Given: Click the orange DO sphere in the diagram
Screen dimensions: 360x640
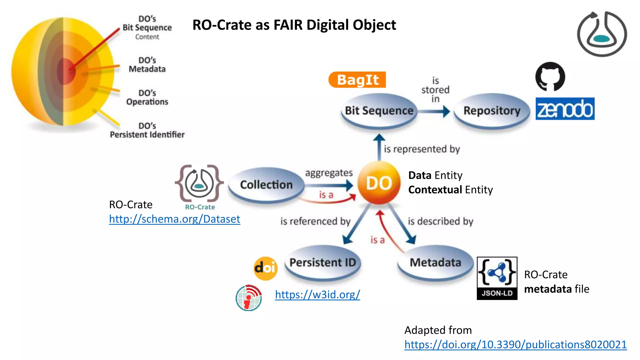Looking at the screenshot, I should coord(379,183).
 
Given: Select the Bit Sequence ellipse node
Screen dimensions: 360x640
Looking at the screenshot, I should coord(379,111).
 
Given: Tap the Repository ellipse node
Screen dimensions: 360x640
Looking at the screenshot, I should coord(492,111).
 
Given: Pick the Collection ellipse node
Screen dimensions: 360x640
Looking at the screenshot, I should coord(266,185).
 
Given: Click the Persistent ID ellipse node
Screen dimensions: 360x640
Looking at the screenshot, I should coord(322,262).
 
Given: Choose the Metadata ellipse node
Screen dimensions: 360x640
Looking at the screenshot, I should coord(435,262).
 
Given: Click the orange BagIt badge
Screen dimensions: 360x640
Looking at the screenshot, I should coord(357,80).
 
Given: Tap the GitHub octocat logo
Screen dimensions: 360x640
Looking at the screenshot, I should coord(550,77).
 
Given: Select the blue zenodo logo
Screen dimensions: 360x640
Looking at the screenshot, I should coord(565,109).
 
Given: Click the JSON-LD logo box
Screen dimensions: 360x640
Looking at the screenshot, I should coord(497,278).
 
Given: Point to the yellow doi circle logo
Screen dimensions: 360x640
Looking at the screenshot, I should coord(265,268).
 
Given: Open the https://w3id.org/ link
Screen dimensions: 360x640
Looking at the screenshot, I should coord(317,294).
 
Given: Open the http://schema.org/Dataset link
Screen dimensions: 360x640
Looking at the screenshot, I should coord(174,219).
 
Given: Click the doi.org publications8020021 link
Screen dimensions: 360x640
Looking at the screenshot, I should coord(515,344).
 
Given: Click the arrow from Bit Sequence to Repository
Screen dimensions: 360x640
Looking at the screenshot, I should coord(434,111).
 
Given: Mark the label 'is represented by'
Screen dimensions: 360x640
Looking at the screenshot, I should coord(422,149).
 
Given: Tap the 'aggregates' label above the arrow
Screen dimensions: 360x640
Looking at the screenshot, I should coord(329,173).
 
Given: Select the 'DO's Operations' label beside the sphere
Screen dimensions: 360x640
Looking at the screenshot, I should coord(147,97).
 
